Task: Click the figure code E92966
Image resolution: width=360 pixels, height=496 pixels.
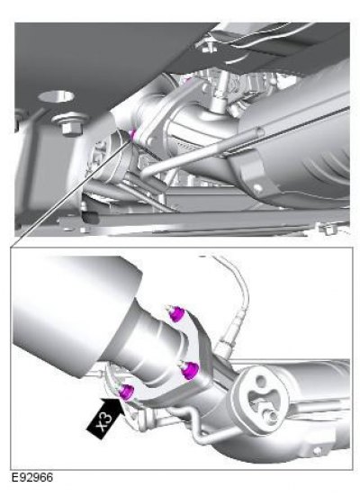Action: point(32,477)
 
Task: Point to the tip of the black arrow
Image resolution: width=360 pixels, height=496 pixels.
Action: point(121,399)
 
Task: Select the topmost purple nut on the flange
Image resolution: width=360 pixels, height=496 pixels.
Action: point(176,314)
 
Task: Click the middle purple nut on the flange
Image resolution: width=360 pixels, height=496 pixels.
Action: point(190,370)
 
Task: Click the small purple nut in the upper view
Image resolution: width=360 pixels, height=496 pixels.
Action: point(132,134)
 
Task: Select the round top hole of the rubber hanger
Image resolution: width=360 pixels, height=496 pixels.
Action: point(261,381)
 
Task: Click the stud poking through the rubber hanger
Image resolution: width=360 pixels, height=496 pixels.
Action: point(271,418)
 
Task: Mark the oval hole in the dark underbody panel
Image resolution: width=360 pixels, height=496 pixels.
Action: point(56,95)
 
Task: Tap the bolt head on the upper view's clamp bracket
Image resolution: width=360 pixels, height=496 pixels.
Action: point(257,188)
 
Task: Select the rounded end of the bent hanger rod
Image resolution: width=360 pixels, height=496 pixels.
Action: point(144,174)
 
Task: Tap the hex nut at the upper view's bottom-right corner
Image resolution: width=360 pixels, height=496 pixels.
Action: point(329,229)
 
